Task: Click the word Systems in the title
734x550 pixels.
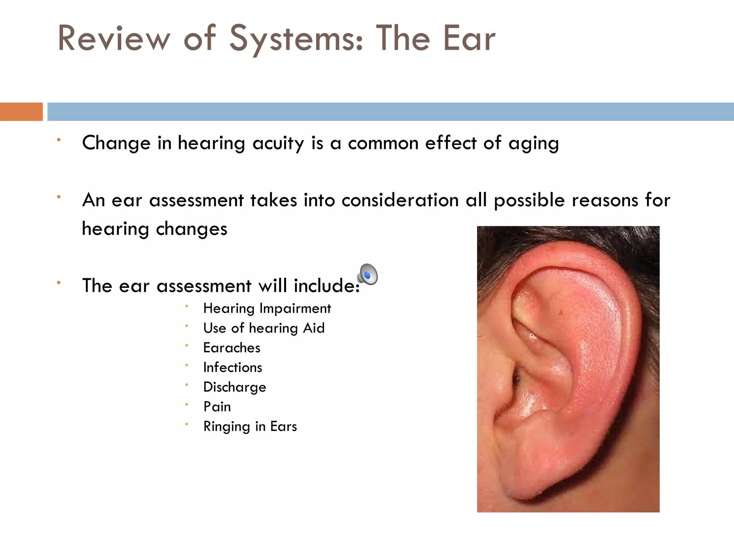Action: (x=296, y=39)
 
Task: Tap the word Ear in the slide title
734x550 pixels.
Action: (x=469, y=39)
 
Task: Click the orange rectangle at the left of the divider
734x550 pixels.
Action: (x=21, y=112)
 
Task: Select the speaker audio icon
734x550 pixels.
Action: (x=367, y=275)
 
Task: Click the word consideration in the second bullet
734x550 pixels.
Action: (x=400, y=200)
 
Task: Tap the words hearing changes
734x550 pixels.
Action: (x=154, y=229)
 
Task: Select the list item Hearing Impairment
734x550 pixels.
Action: (x=267, y=309)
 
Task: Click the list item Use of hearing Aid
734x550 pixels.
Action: (x=264, y=328)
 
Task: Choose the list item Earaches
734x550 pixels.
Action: (x=232, y=348)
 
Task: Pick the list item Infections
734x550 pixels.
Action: (x=233, y=368)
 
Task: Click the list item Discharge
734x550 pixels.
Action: (x=234, y=387)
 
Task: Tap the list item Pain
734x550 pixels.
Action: (x=217, y=407)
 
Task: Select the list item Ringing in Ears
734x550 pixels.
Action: (x=250, y=427)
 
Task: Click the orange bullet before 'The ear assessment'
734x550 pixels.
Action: (x=59, y=283)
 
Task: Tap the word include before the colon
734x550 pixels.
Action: (x=324, y=286)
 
